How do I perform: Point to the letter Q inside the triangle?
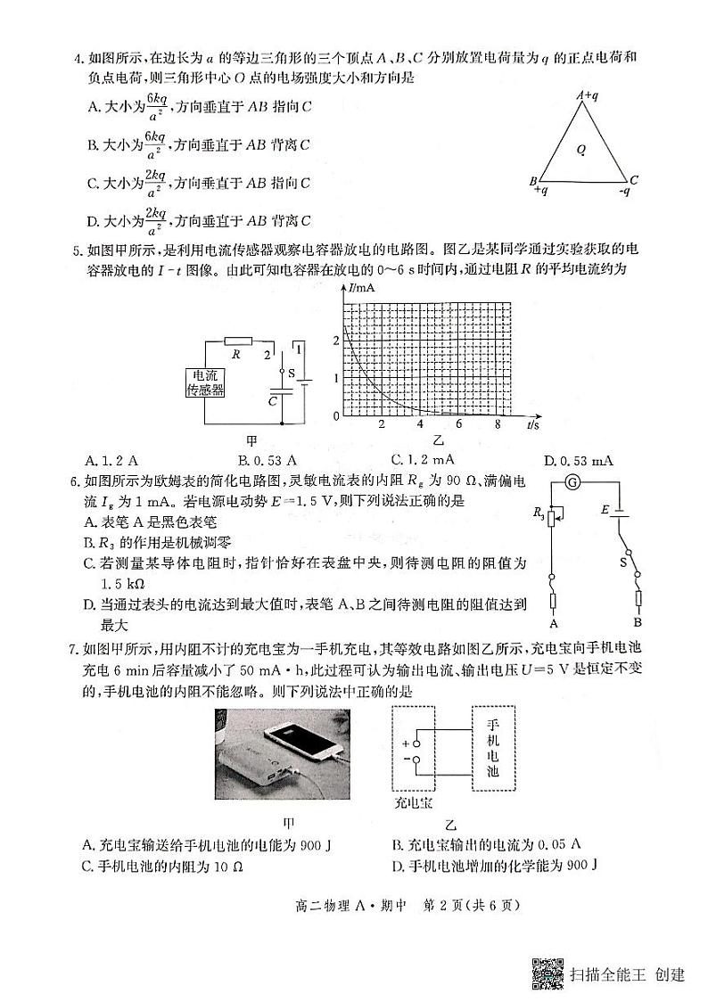coord(580,151)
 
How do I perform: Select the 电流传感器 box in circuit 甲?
coord(204,382)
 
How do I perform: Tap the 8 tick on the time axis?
coord(498,424)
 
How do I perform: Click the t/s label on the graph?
coord(533,425)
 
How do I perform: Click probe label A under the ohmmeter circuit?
coord(554,623)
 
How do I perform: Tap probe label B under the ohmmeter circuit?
coord(637,621)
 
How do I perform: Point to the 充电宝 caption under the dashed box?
coord(413,802)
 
